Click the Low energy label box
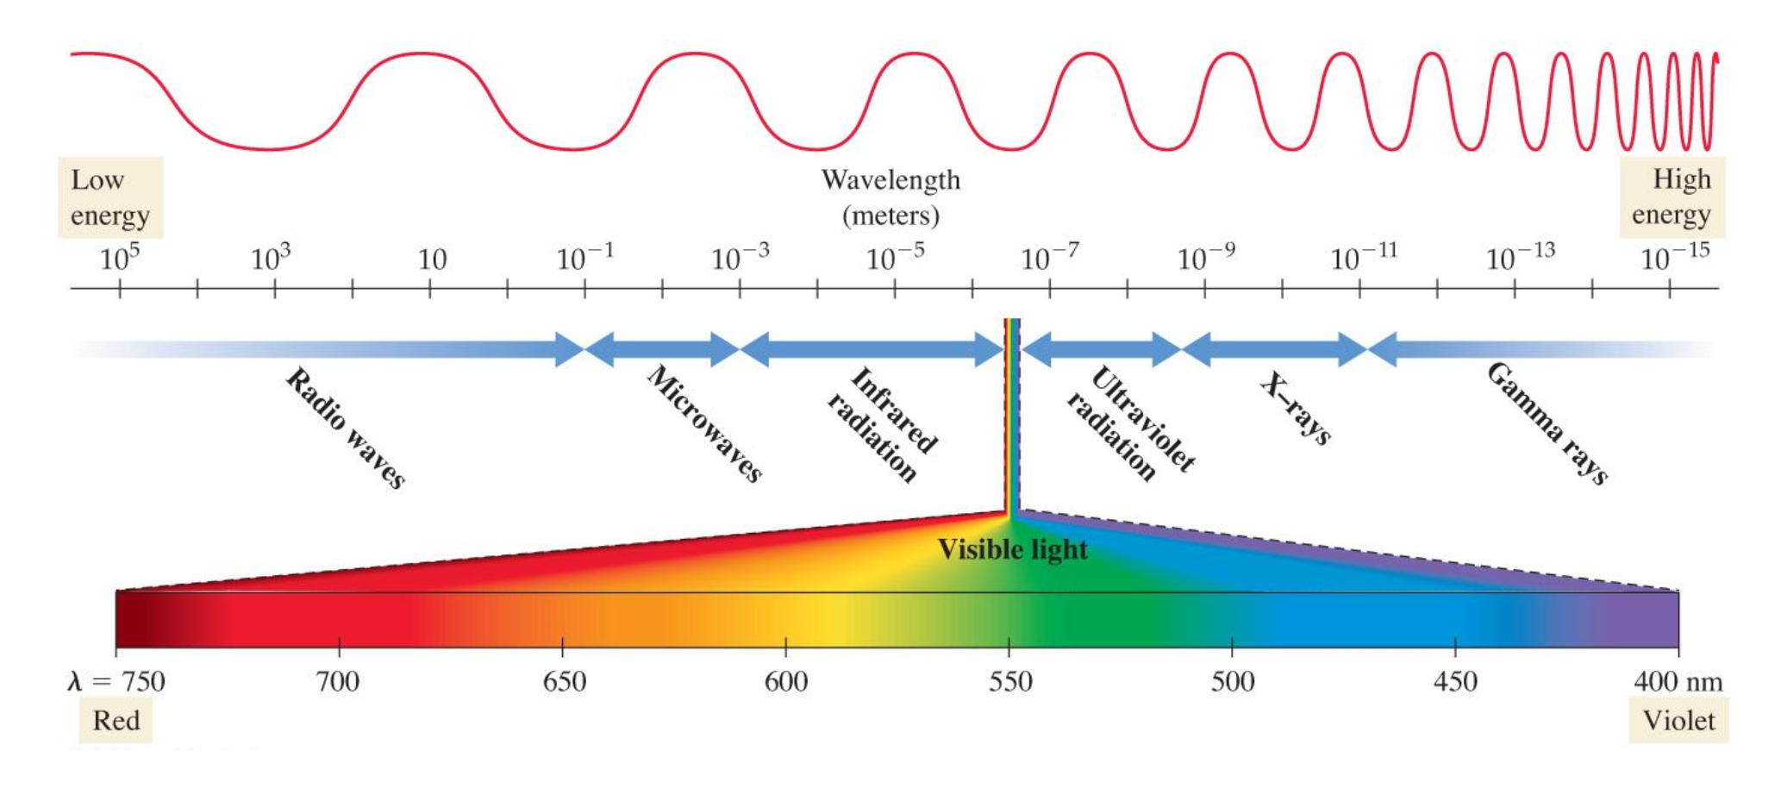[x=110, y=197]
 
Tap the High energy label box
[x=1672, y=197]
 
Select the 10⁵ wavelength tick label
[x=120, y=258]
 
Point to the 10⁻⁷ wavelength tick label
[x=1049, y=257]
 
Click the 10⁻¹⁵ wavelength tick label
[x=1674, y=257]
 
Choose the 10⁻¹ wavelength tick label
[x=585, y=257]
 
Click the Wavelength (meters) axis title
[x=890, y=197]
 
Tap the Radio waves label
[x=346, y=429]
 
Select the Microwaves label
[x=705, y=423]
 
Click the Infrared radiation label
[x=882, y=423]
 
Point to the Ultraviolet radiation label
[x=1130, y=423]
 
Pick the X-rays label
[x=1296, y=408]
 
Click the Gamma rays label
[x=1547, y=423]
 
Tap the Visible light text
[x=1012, y=549]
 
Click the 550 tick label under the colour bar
[x=1009, y=682]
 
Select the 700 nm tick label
[x=338, y=682]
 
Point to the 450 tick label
[x=1455, y=682]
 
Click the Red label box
[x=116, y=720]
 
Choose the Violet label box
[x=1678, y=720]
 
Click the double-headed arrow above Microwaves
[x=662, y=349]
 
